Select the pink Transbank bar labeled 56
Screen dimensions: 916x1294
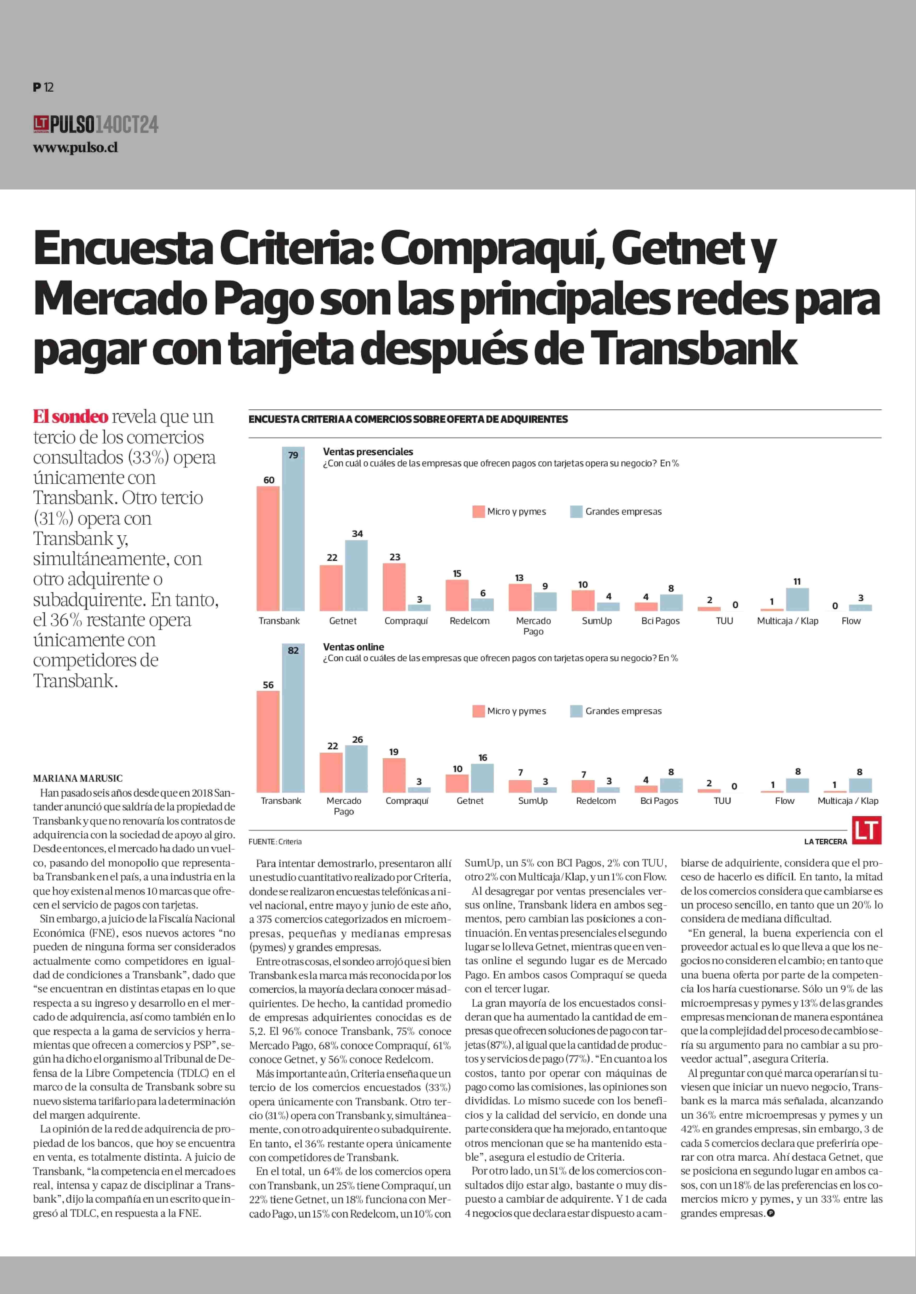click(268, 741)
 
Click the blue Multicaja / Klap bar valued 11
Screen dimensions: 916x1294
click(797, 599)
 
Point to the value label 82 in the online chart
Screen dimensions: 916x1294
click(293, 650)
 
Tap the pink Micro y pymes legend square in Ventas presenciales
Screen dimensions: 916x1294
click(478, 511)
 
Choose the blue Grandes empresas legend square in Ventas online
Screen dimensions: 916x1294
click(576, 711)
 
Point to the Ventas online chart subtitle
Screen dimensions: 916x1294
click(354, 647)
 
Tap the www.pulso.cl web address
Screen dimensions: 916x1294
click(75, 148)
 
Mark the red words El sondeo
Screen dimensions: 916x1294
click(71, 417)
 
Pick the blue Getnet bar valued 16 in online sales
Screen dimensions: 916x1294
click(482, 778)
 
